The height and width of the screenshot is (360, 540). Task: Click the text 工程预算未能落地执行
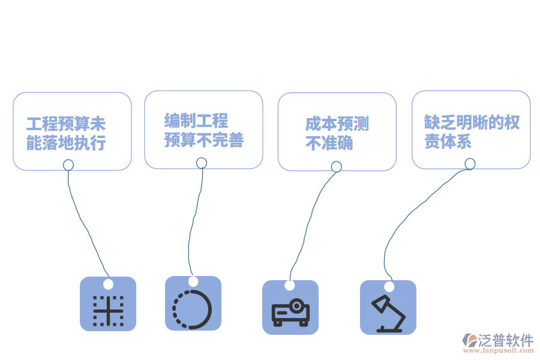[x=66, y=133]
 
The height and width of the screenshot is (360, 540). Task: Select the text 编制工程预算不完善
[x=203, y=130]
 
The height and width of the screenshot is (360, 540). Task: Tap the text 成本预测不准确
[x=337, y=133]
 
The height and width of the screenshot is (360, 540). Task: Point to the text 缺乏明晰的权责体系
[x=472, y=131]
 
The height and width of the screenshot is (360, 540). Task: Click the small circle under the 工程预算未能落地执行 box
[x=68, y=164]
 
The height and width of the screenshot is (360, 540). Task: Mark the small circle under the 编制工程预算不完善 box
[x=202, y=163]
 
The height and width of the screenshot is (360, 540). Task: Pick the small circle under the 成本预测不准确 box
[x=336, y=166]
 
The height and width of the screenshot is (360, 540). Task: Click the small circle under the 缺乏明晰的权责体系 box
[x=470, y=164]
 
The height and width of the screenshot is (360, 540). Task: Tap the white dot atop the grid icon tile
[x=108, y=284]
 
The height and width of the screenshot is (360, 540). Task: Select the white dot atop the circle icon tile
[x=193, y=281]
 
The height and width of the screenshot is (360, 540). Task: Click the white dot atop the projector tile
[x=290, y=285]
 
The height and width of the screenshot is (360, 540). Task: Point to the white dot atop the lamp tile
[x=389, y=287]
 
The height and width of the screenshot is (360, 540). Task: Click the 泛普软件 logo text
[x=505, y=340]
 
